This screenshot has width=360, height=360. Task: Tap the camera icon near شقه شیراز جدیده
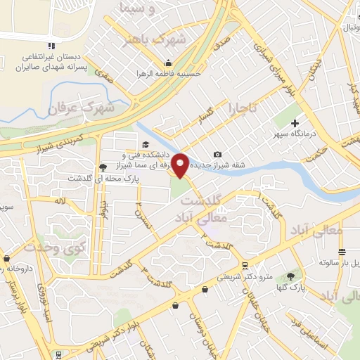click(x=217, y=155)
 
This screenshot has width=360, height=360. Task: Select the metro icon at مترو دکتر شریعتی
click(x=243, y=266)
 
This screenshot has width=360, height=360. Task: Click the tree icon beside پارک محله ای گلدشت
click(x=104, y=167)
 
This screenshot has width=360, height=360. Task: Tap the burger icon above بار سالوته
click(x=342, y=252)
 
